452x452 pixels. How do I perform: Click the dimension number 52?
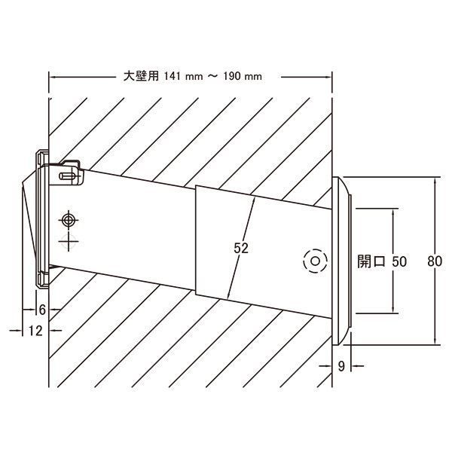coord(241,248)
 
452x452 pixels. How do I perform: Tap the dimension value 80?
coord(435,261)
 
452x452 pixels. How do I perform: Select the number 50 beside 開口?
coord(399,261)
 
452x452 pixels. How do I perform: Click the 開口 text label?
coord(371,261)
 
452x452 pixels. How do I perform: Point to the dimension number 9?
coord(341,366)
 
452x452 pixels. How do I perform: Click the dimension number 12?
coord(35,331)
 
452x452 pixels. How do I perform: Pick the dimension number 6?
coord(42,310)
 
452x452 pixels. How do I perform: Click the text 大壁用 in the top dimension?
coord(141,76)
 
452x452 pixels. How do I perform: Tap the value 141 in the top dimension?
coord(173,76)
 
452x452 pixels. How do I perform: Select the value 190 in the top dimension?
coord(232,76)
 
